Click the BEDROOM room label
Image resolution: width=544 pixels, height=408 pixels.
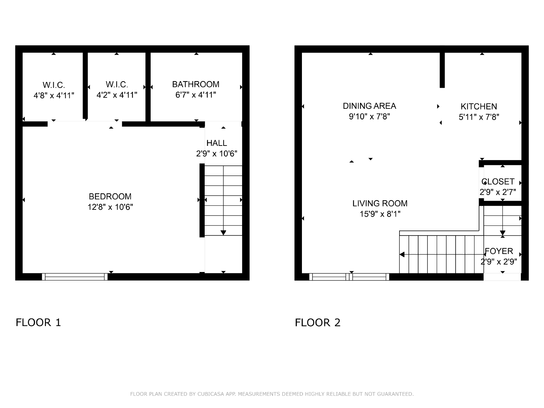click(110, 197)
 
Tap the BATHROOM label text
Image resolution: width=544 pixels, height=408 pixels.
click(195, 84)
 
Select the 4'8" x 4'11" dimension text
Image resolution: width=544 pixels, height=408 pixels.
click(54, 96)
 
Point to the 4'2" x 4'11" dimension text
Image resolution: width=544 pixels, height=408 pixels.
click(117, 95)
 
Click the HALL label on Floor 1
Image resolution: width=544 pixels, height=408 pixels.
click(217, 143)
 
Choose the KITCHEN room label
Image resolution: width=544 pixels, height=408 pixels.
click(479, 106)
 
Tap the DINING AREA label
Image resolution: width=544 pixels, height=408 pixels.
click(369, 106)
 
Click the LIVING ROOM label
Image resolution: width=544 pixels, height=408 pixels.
click(380, 203)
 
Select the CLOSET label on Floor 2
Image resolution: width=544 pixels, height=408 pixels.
click(498, 182)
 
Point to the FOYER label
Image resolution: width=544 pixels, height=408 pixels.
click(499, 251)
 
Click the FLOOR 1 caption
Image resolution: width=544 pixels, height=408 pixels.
click(38, 323)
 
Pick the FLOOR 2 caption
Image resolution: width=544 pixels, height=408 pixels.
click(318, 323)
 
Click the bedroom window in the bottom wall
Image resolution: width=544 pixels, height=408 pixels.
click(74, 277)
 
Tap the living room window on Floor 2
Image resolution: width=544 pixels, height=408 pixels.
click(349, 277)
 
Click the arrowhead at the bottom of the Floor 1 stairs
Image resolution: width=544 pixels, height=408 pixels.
click(223, 233)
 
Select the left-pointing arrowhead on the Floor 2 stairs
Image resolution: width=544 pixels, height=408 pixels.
click(402, 254)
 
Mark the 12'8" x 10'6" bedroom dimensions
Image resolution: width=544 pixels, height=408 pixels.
click(110, 207)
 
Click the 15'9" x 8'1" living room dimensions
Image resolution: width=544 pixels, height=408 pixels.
click(380, 214)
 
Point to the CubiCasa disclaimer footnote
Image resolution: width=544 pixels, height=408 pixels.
click(272, 394)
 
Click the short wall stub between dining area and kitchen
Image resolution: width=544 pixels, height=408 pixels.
click(442, 70)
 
